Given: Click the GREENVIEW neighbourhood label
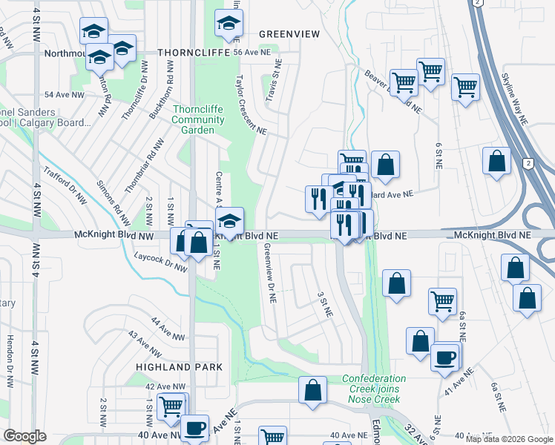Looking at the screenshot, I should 289,34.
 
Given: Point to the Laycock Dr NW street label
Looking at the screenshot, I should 160,263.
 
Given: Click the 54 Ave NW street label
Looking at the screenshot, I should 62,95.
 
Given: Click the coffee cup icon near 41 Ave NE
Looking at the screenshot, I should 445,357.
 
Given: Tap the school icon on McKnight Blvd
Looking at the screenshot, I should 229,220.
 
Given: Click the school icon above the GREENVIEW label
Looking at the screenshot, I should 229,24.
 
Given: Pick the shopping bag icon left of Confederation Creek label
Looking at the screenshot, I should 313,389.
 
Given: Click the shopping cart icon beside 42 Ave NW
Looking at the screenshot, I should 173,406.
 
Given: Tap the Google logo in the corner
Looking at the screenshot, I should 24,436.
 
